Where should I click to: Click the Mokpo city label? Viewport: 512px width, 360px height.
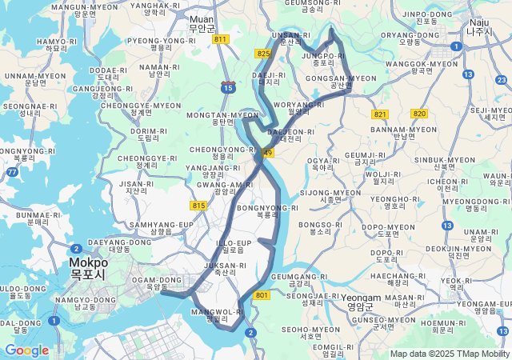[87, 267]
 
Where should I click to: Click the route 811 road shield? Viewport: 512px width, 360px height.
[222, 39]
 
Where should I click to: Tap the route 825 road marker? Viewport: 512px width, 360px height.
[263, 54]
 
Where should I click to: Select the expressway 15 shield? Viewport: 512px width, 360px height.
[229, 87]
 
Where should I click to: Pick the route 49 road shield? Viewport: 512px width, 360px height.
[267, 153]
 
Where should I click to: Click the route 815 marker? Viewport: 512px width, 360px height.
[199, 206]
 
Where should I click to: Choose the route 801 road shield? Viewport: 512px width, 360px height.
[262, 295]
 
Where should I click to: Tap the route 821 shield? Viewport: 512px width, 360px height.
[379, 114]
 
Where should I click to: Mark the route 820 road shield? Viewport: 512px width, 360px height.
[419, 114]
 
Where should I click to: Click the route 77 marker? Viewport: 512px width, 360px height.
[12, 171]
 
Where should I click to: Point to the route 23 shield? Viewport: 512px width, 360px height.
[501, 79]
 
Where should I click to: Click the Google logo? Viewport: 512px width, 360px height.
[26, 350]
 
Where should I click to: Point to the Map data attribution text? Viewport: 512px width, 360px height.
[450, 354]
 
